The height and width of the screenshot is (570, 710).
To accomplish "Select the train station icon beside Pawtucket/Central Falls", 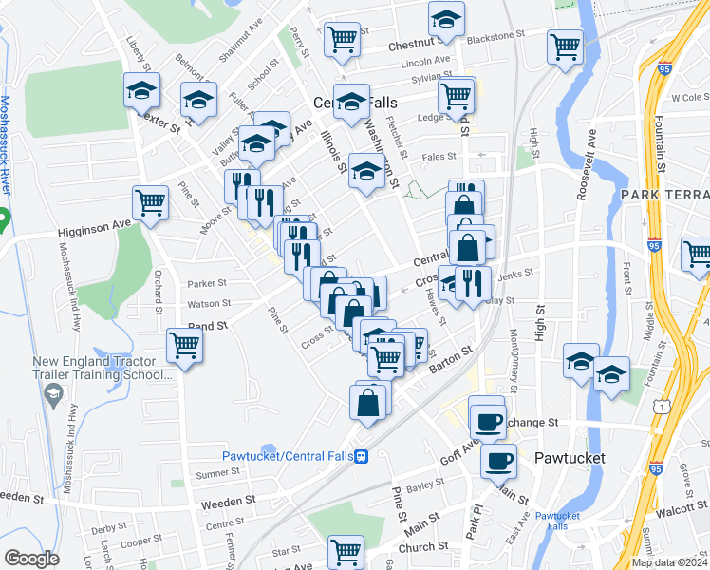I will pyautogui.click(x=362, y=456).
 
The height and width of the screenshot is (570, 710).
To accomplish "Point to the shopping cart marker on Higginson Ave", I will pyautogui.click(x=151, y=202).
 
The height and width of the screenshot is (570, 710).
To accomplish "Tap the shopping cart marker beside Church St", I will pyautogui.click(x=346, y=551).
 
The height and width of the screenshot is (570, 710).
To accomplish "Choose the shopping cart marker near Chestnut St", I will pyautogui.click(x=342, y=40).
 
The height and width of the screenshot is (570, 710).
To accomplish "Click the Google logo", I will pyautogui.click(x=31, y=559).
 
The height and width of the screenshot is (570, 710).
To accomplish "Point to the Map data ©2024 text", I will pyautogui.click(x=668, y=562).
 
